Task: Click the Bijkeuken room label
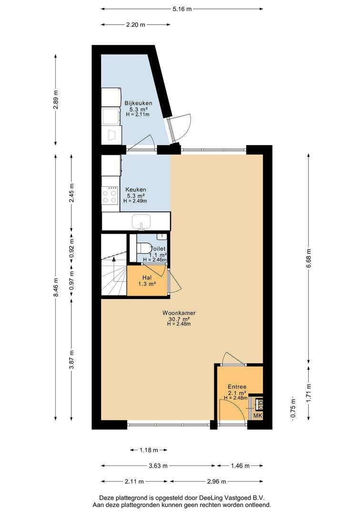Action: tap(138, 103)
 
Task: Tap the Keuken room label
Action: tap(136, 189)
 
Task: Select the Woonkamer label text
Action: tap(179, 313)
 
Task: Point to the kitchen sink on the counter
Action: tap(142, 222)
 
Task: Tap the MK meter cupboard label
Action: tap(258, 415)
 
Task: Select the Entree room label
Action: tap(237, 387)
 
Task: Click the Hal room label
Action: tap(147, 278)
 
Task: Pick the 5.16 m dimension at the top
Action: tap(182, 9)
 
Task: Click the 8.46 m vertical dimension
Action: tap(56, 288)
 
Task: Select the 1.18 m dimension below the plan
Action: tap(149, 450)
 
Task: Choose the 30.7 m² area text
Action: tap(179, 319)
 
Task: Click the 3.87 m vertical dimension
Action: tap(72, 360)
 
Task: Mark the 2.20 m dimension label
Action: tap(136, 25)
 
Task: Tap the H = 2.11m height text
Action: tap(138, 114)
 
